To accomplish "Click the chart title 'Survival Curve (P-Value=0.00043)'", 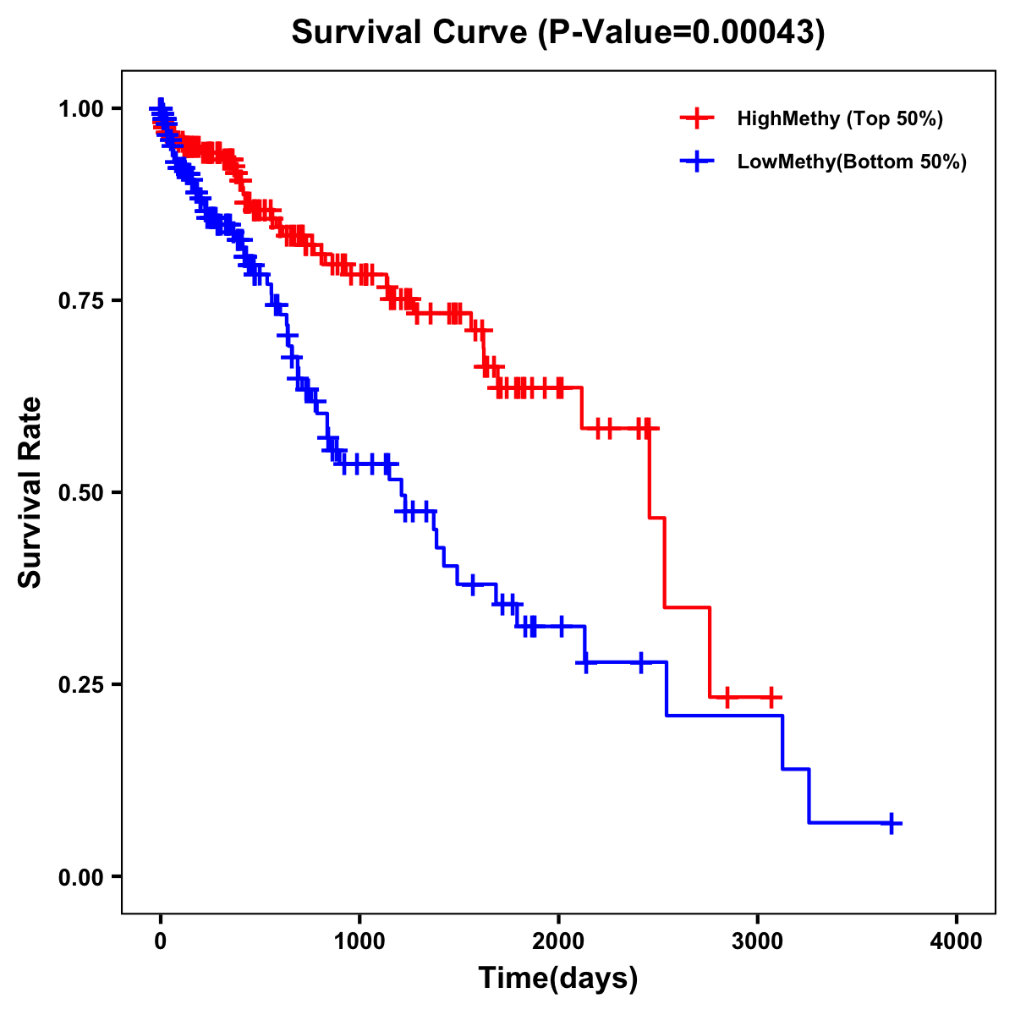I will tap(557, 32).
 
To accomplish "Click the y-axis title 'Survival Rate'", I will tap(30, 492).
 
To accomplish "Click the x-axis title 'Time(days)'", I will tap(557, 979).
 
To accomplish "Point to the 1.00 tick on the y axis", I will tap(81, 108).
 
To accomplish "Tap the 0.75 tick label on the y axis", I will tap(81, 300).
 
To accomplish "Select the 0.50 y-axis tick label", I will tap(81, 492).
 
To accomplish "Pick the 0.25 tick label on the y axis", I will tap(81, 684).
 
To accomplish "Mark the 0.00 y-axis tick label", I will tap(81, 876).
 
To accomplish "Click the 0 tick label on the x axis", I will tap(161, 941).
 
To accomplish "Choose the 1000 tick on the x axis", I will tap(359, 941).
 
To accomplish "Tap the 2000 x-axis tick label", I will tap(558, 941).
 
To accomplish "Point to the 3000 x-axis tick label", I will tap(758, 941).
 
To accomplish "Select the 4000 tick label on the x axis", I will tap(957, 941).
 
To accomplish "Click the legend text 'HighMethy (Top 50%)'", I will tap(839, 118).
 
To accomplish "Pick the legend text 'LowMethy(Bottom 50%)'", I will tap(851, 162).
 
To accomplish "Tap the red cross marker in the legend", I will tap(697, 118).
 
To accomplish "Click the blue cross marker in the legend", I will tap(697, 162).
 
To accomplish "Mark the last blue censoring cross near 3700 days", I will tap(892, 823).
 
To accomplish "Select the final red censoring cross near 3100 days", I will tap(771, 698).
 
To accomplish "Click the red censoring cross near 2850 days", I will tap(726, 698).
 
